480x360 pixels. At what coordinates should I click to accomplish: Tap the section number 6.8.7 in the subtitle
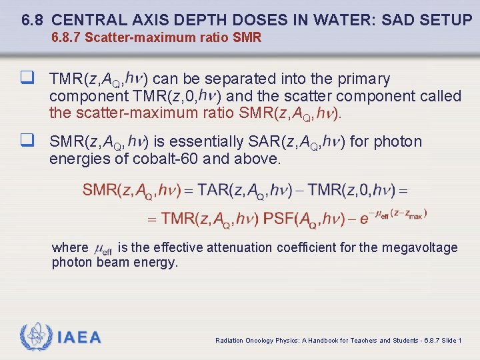67,38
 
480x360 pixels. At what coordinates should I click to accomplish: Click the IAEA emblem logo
36,337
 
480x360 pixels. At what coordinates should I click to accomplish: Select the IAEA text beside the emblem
79,338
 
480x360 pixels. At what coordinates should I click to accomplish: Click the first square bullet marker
27,79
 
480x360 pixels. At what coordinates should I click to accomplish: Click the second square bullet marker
27,141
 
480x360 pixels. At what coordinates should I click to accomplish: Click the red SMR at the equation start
100,190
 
